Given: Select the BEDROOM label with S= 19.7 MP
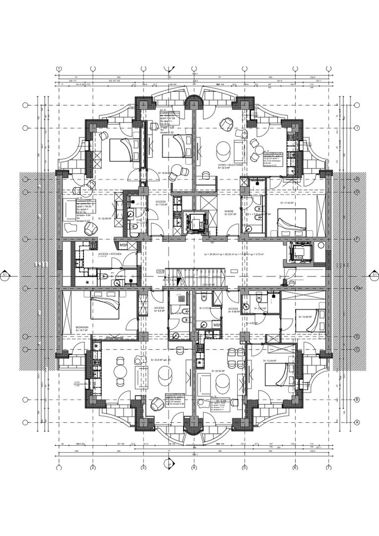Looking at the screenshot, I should [83, 329].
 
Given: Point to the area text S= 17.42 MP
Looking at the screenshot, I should [287, 203].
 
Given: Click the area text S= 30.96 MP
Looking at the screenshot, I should [107, 218].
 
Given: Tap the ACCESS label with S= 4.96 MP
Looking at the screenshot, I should [234, 310].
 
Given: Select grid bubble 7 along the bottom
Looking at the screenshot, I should [328, 468].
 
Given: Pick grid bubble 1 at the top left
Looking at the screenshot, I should [59, 68].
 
